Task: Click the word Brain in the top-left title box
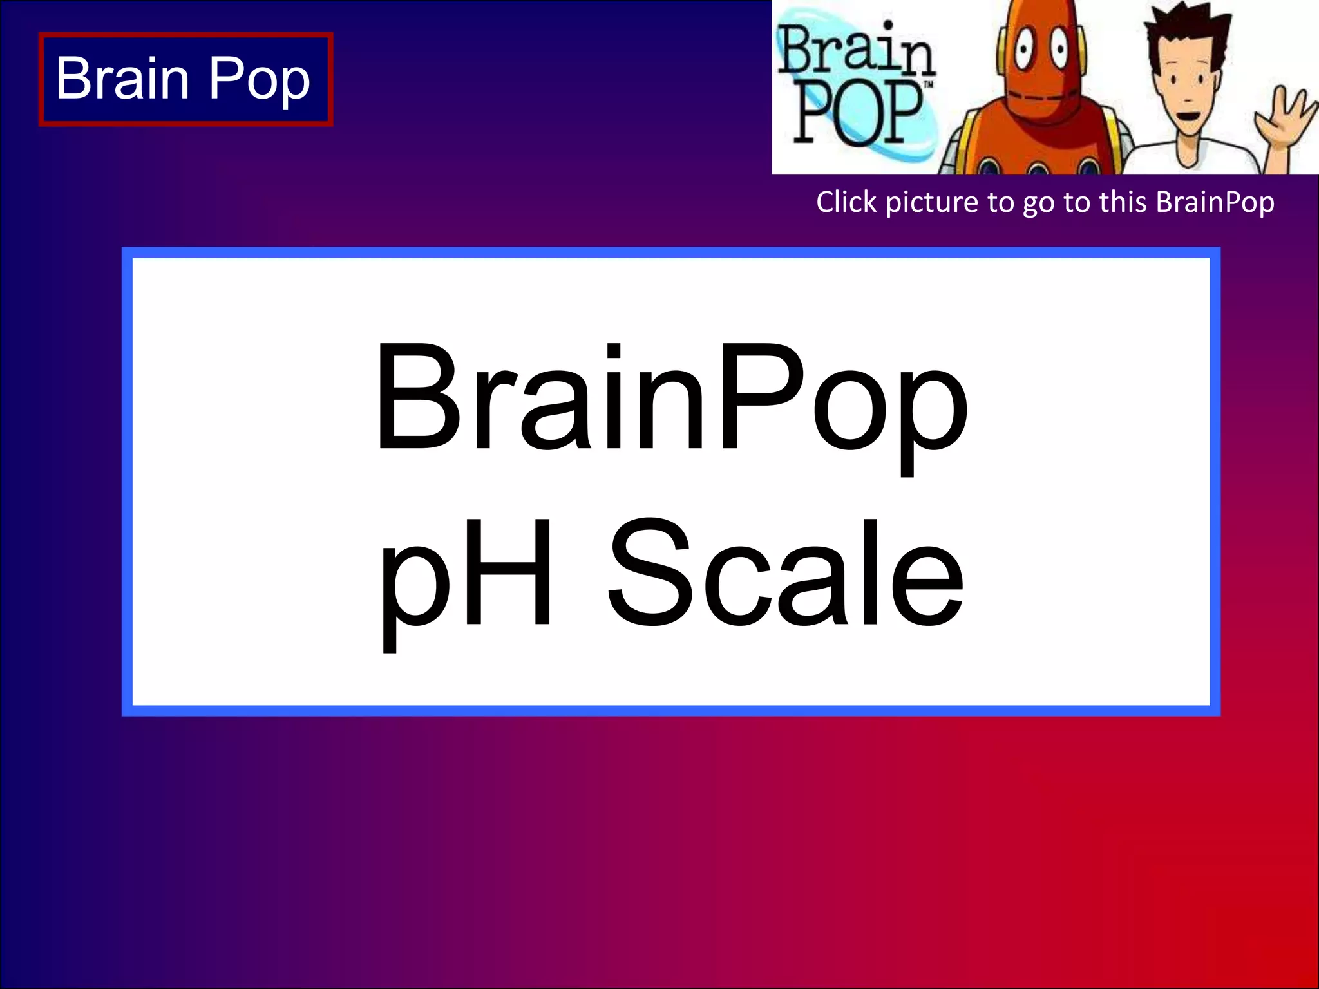click(122, 78)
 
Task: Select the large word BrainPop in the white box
click(670, 399)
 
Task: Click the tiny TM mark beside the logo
click(929, 85)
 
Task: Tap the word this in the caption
click(1124, 202)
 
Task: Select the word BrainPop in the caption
click(1215, 202)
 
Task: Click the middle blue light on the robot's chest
click(1038, 171)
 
